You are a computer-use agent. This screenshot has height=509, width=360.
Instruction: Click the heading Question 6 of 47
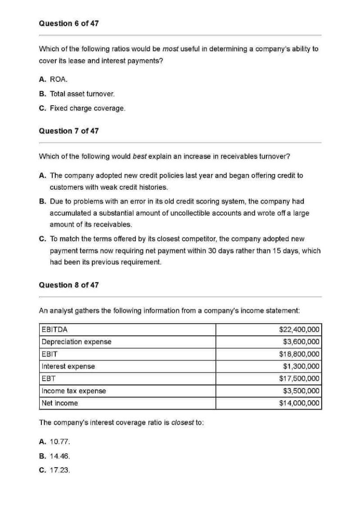pyautogui.click(x=69, y=23)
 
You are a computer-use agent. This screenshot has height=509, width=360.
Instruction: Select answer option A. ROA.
pyautogui.click(x=54, y=80)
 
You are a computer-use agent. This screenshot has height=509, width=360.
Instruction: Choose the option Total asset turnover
pyautogui.click(x=77, y=94)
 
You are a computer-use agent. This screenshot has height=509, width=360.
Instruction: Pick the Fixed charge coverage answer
pyautogui.click(x=82, y=108)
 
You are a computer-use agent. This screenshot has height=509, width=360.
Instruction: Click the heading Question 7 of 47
pyautogui.click(x=69, y=131)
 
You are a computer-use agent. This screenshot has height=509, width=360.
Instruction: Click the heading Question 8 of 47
pyautogui.click(x=69, y=285)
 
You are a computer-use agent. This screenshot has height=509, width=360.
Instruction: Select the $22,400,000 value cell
pyautogui.click(x=299, y=330)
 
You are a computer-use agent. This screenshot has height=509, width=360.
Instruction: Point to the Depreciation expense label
pyautogui.click(x=76, y=342)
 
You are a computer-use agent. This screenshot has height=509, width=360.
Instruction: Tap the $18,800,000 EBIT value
pyautogui.click(x=299, y=354)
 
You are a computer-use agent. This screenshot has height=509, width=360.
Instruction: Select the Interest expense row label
pyautogui.click(x=68, y=366)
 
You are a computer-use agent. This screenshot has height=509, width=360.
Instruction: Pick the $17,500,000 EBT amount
pyautogui.click(x=299, y=379)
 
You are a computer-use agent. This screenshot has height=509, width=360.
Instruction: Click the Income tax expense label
pyautogui.click(x=74, y=391)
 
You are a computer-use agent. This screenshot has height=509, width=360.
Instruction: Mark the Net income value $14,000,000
pyautogui.click(x=299, y=403)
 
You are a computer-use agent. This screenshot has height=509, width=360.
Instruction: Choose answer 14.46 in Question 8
pyautogui.click(x=55, y=456)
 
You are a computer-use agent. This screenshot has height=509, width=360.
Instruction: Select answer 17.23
pyautogui.click(x=55, y=470)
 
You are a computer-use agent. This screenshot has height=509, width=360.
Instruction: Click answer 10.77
pyautogui.click(x=55, y=442)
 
